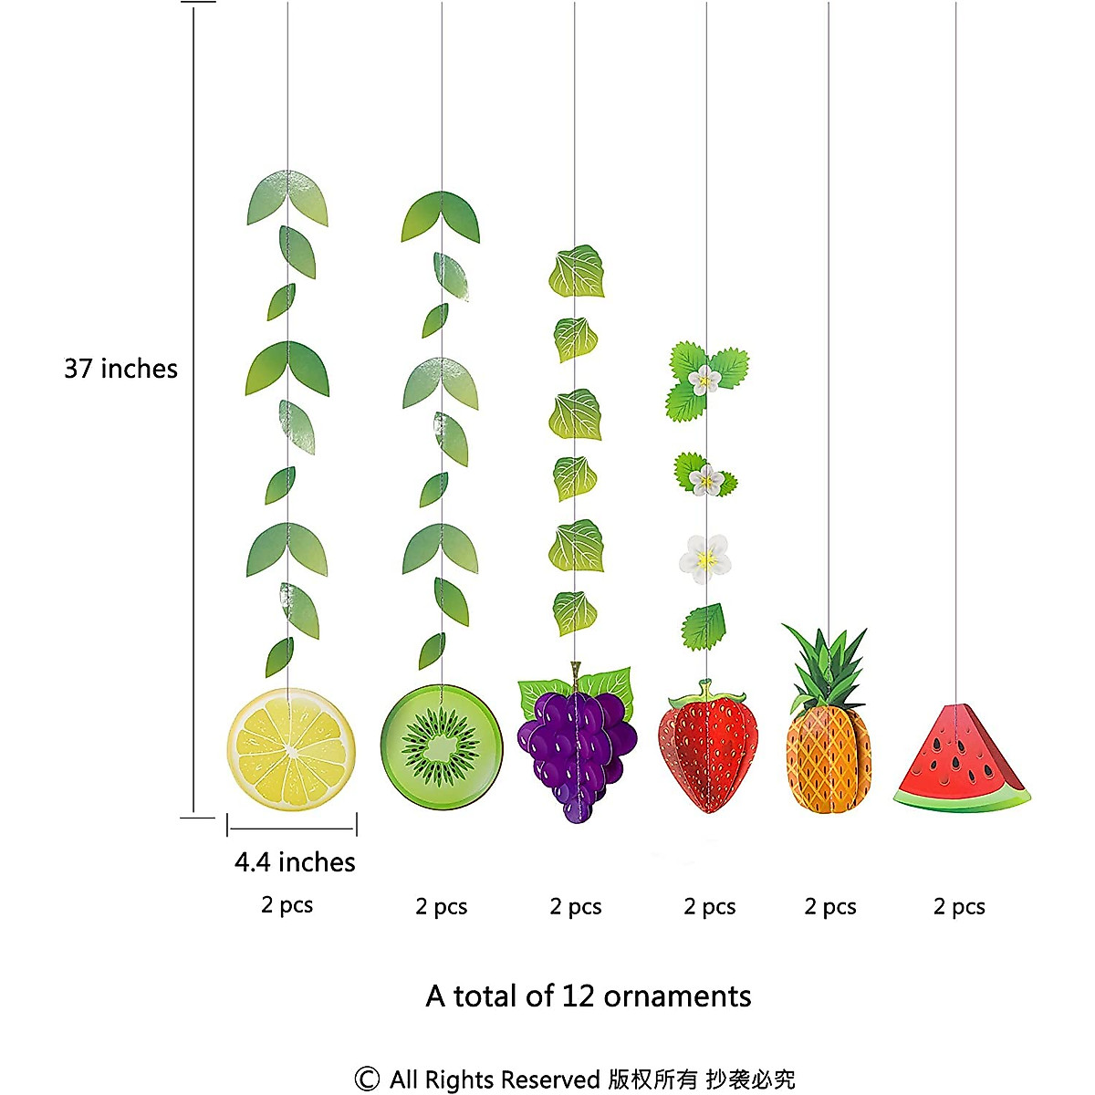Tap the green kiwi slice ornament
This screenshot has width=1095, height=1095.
click(x=442, y=747)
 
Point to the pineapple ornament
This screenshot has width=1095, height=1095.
click(x=828, y=757)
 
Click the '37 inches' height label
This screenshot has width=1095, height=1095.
click(x=120, y=369)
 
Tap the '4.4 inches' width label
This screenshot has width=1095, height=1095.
click(x=294, y=862)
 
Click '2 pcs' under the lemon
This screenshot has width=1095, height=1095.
click(x=287, y=905)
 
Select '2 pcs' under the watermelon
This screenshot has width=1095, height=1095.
click(x=959, y=907)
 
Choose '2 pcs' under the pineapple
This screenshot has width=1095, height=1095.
click(x=830, y=907)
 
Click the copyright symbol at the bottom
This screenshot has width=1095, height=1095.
click(x=367, y=1079)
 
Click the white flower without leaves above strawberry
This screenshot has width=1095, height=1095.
click(x=705, y=558)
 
